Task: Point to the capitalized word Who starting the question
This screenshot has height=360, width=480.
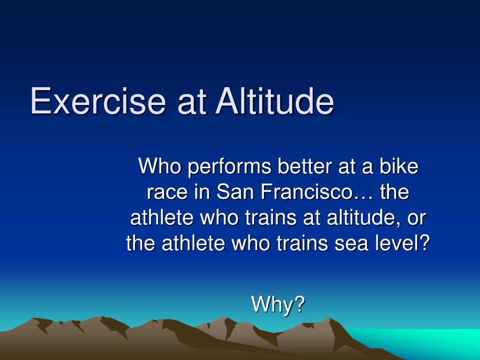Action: (159, 166)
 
